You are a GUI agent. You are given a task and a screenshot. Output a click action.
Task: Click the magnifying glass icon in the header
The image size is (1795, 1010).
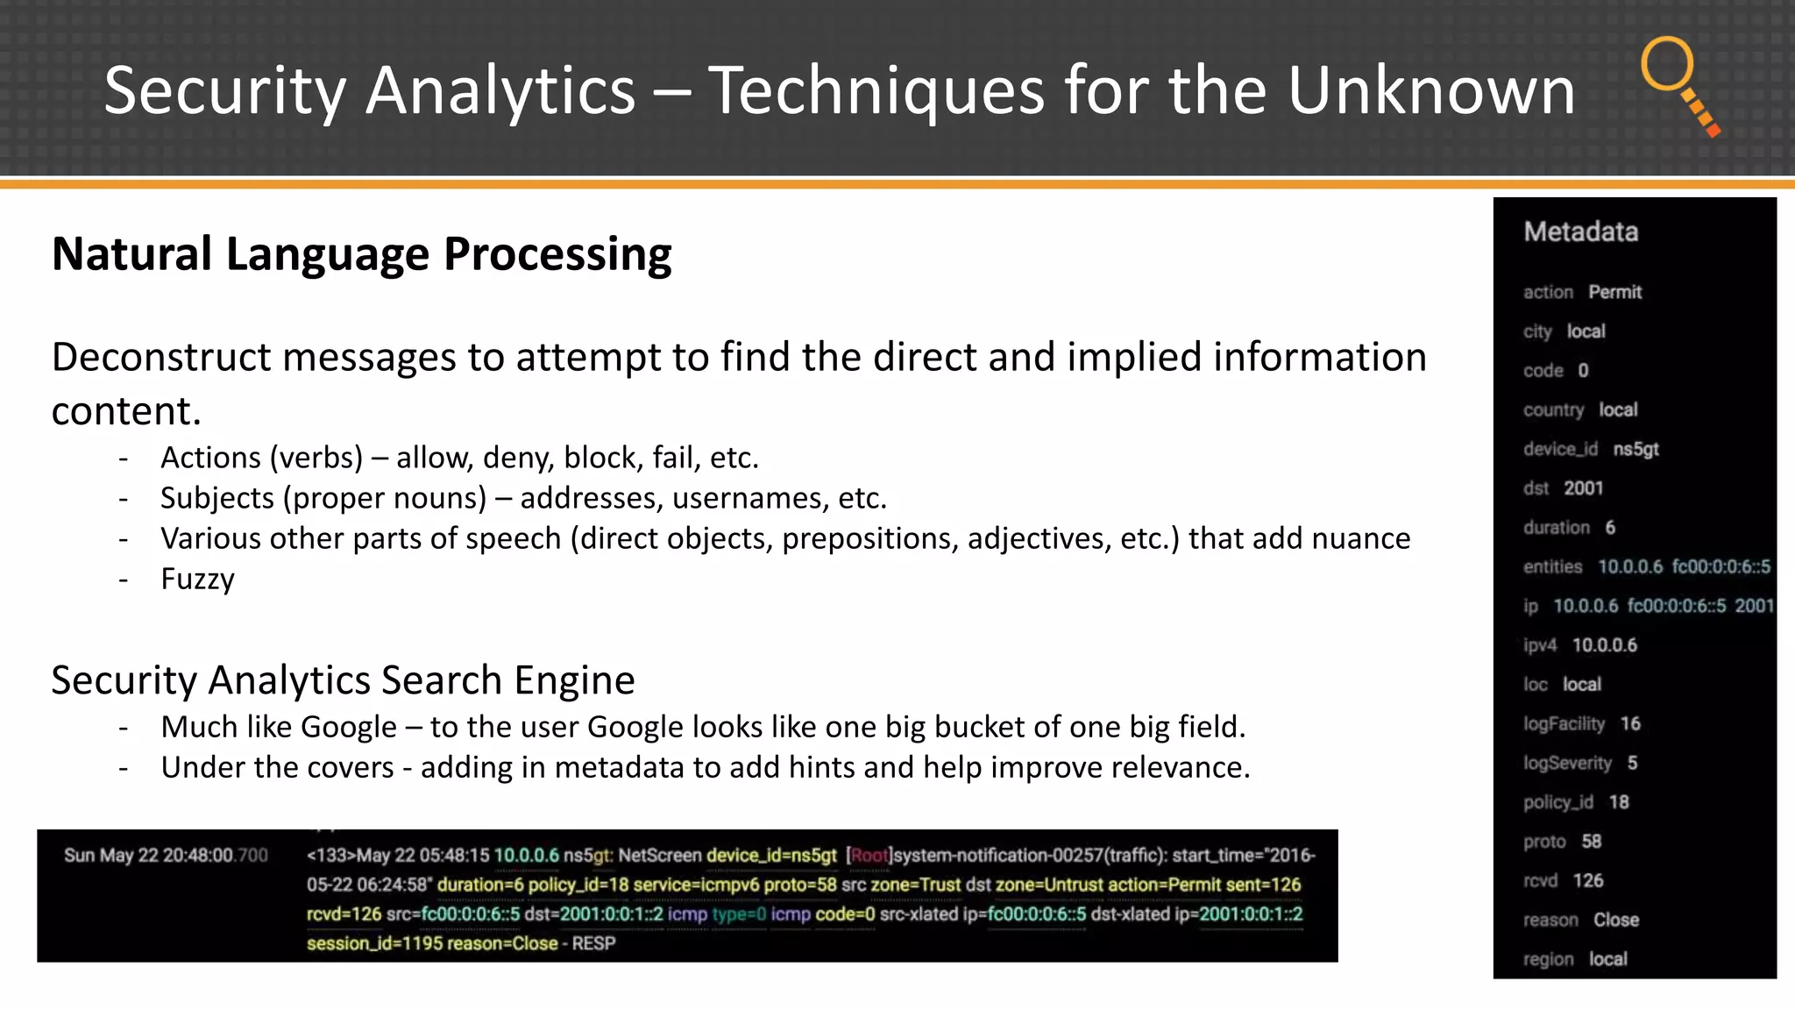(x=1679, y=84)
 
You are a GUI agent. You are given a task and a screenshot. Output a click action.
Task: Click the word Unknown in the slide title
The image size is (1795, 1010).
(x=1430, y=90)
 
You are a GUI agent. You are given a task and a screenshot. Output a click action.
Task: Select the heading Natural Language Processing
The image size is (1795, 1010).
(x=361, y=254)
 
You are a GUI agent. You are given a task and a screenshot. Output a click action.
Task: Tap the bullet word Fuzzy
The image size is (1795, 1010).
(x=197, y=580)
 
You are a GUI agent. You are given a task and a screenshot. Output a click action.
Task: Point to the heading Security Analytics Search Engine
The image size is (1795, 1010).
(x=343, y=680)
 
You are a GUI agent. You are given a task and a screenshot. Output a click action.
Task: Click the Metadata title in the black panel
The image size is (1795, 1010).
(x=1580, y=231)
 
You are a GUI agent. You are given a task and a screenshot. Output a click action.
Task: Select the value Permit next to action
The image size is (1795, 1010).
(x=1614, y=292)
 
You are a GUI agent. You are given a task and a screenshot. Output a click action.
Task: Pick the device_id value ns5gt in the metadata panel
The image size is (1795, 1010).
(x=1635, y=449)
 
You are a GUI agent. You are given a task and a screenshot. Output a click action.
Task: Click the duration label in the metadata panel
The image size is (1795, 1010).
(x=1556, y=528)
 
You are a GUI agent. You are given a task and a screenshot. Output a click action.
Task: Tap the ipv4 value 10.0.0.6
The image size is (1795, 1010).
(x=1604, y=645)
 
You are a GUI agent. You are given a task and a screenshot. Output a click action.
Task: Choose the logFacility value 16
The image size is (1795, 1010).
(x=1630, y=724)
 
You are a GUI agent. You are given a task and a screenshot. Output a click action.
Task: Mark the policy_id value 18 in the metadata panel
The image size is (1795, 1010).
(x=1619, y=802)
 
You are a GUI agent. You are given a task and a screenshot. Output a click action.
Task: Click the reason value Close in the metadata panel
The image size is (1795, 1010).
(x=1615, y=921)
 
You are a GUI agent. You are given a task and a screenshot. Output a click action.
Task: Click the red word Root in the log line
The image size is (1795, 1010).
(x=869, y=856)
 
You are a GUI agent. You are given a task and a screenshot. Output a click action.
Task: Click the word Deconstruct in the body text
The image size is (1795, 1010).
(x=161, y=358)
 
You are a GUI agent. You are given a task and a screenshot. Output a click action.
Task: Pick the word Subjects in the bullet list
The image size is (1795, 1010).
(x=217, y=499)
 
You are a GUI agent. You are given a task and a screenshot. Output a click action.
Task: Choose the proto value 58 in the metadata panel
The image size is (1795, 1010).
(x=1591, y=842)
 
